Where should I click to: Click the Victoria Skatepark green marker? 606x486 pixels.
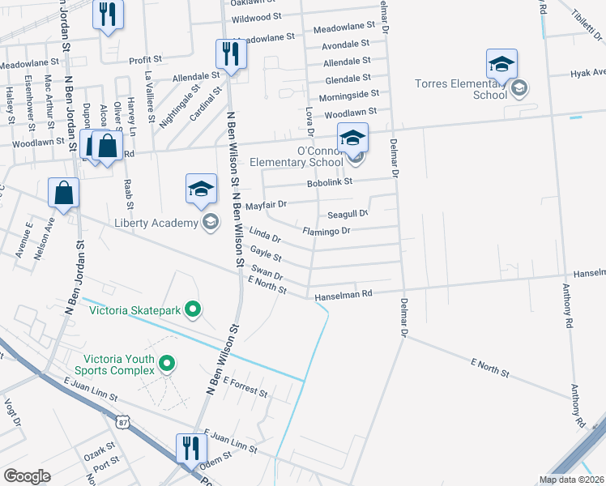pos(193,309)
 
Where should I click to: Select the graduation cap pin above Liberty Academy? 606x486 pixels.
pos(201,190)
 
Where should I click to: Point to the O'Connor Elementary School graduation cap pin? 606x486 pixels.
pos(352,139)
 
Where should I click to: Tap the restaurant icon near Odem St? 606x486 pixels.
pos(191,448)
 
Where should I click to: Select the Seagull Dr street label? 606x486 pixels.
pos(348,215)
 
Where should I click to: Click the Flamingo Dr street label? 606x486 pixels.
pos(326,231)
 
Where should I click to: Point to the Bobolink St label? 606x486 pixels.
pos(330,183)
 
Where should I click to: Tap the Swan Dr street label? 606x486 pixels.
pos(267,271)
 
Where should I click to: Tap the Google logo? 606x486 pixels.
pos(27,476)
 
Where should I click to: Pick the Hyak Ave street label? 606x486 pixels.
pos(587,73)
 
